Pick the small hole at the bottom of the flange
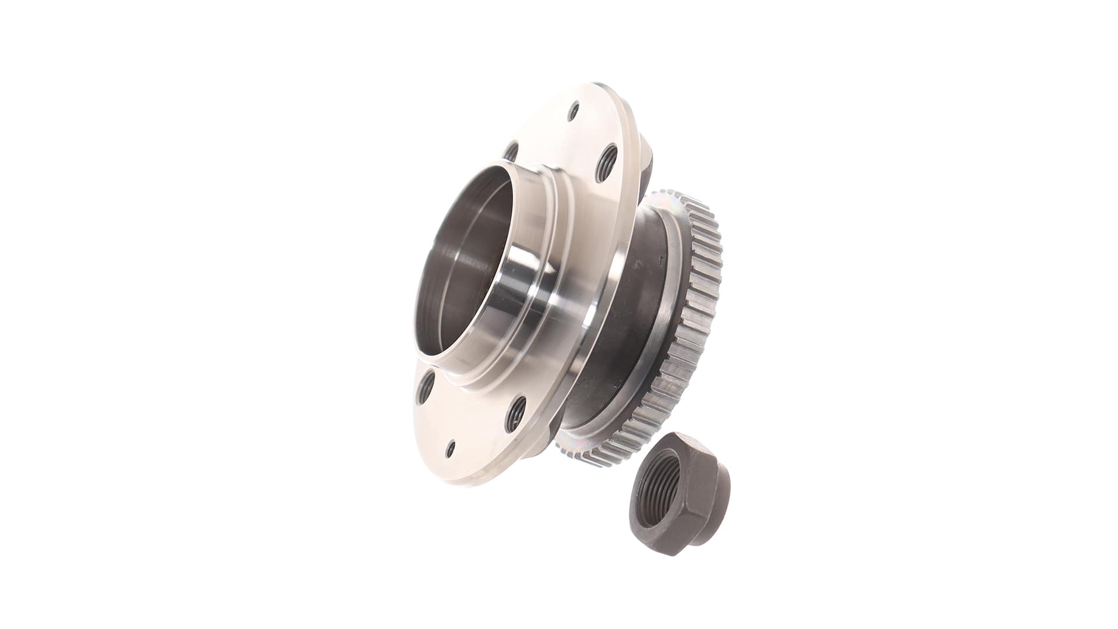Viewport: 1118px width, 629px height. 450,448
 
